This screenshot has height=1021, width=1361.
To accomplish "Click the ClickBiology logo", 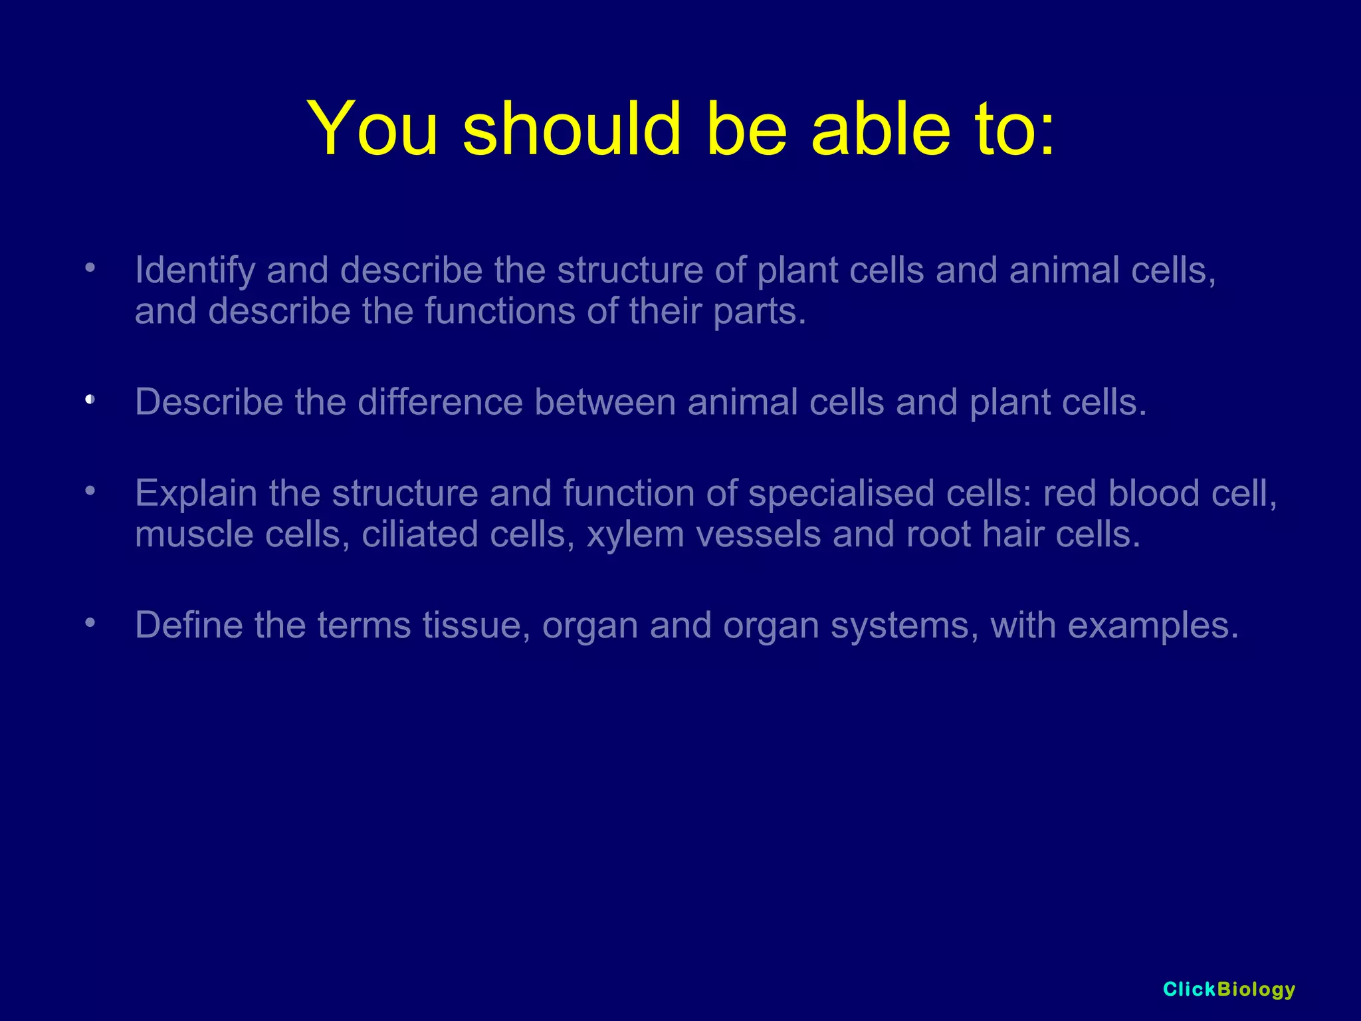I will [x=1229, y=989].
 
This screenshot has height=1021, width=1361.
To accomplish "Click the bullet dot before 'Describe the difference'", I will [x=91, y=399].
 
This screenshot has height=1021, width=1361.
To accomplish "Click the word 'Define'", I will [x=189, y=625].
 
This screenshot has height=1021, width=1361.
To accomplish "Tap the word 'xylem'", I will [x=635, y=535].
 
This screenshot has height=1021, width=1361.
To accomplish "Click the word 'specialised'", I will [x=841, y=494].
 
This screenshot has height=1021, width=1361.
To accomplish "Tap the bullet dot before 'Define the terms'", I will [x=91, y=623].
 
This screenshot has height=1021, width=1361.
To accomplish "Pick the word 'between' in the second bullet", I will [x=605, y=402].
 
